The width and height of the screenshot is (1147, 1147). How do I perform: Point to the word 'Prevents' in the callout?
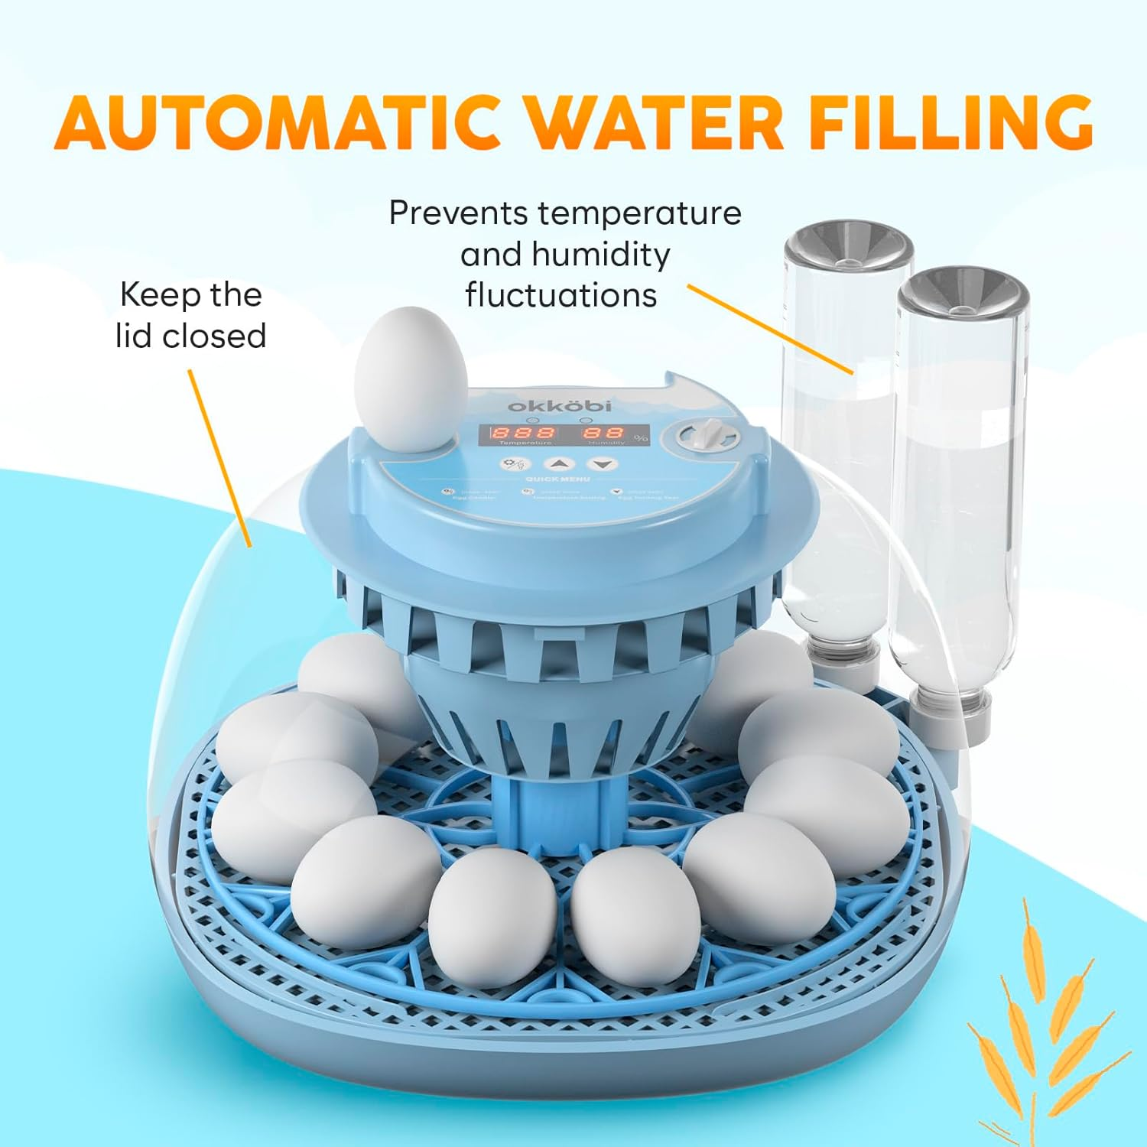(x=457, y=213)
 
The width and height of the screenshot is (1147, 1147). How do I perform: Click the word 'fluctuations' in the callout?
(x=561, y=295)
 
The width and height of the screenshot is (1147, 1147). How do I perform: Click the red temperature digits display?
(x=524, y=432)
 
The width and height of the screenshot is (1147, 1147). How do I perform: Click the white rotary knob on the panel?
(x=709, y=437)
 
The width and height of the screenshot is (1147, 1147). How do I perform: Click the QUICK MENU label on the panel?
(x=557, y=479)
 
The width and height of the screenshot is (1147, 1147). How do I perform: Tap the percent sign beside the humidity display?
(x=641, y=437)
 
